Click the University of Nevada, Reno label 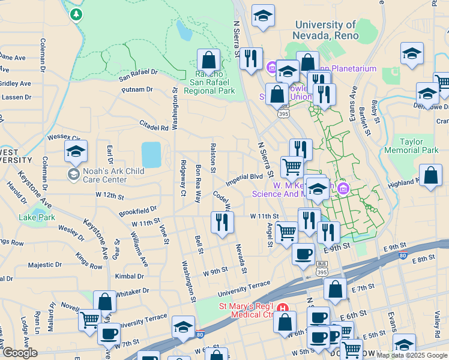pyautogui.click(x=324, y=30)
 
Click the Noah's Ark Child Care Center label pyautogui.click(x=106, y=175)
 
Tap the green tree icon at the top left pyautogui.click(x=76, y=13)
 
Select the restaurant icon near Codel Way pyautogui.click(x=222, y=221)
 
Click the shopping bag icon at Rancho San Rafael pyautogui.click(x=208, y=59)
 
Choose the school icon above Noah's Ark pyautogui.click(x=76, y=152)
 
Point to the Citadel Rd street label pyautogui.click(x=154, y=127)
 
